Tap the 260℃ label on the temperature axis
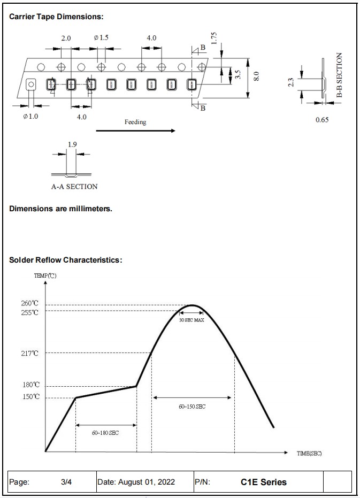pyautogui.click(x=30, y=303)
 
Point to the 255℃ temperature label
pyautogui.click(x=30, y=312)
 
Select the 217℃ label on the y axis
pyautogui.click(x=30, y=353)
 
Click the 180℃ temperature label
pyautogui.click(x=30, y=385)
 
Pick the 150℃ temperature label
pyautogui.click(x=30, y=397)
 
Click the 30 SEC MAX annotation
pyautogui.click(x=191, y=320)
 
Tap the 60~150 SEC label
pyautogui.click(x=192, y=407)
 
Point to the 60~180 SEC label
pyautogui.click(x=105, y=433)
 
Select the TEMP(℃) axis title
pyautogui.click(x=45, y=275)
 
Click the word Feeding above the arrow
pyautogui.click(x=135, y=122)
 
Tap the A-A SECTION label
pyautogui.click(x=74, y=187)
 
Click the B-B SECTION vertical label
pyautogui.click(x=339, y=75)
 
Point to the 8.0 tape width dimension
pyautogui.click(x=257, y=76)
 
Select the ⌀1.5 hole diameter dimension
pyautogui.click(x=101, y=38)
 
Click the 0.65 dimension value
pyautogui.click(x=322, y=120)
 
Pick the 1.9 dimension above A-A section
pyautogui.click(x=73, y=144)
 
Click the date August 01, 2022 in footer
pyautogui.click(x=143, y=482)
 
